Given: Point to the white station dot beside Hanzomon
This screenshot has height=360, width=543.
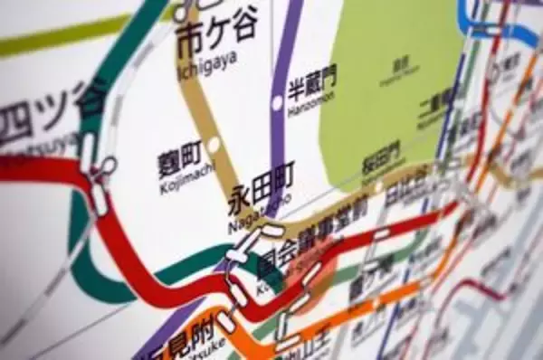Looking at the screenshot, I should (277, 103).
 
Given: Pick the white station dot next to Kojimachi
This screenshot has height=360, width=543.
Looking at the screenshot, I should (214, 145).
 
